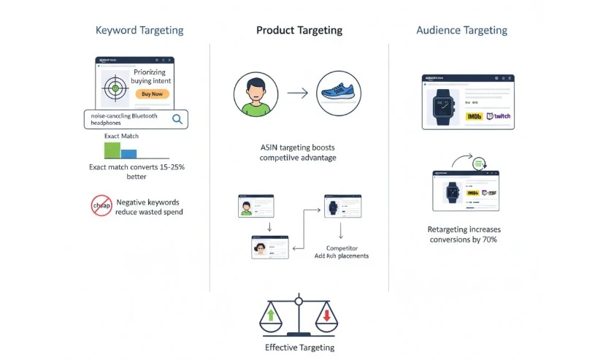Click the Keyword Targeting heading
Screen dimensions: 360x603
tap(139, 31)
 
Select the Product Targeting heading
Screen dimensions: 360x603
tap(299, 31)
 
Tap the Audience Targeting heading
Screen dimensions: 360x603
tap(461, 31)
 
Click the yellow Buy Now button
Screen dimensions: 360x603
tap(152, 94)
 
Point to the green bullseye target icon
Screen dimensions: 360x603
tap(113, 89)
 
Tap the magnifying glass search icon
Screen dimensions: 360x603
tap(177, 120)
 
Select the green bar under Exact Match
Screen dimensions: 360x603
tap(112, 150)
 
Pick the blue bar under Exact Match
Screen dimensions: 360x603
tap(128, 153)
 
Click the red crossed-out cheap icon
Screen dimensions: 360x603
tap(101, 206)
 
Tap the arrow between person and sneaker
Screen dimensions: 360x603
tap(296, 93)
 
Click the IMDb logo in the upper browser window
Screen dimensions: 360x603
tap(475, 116)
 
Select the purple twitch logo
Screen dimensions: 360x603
tap(499, 116)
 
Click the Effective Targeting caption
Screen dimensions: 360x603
tap(299, 348)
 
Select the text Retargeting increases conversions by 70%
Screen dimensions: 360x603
tap(464, 234)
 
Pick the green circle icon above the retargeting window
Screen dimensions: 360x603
tap(480, 163)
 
